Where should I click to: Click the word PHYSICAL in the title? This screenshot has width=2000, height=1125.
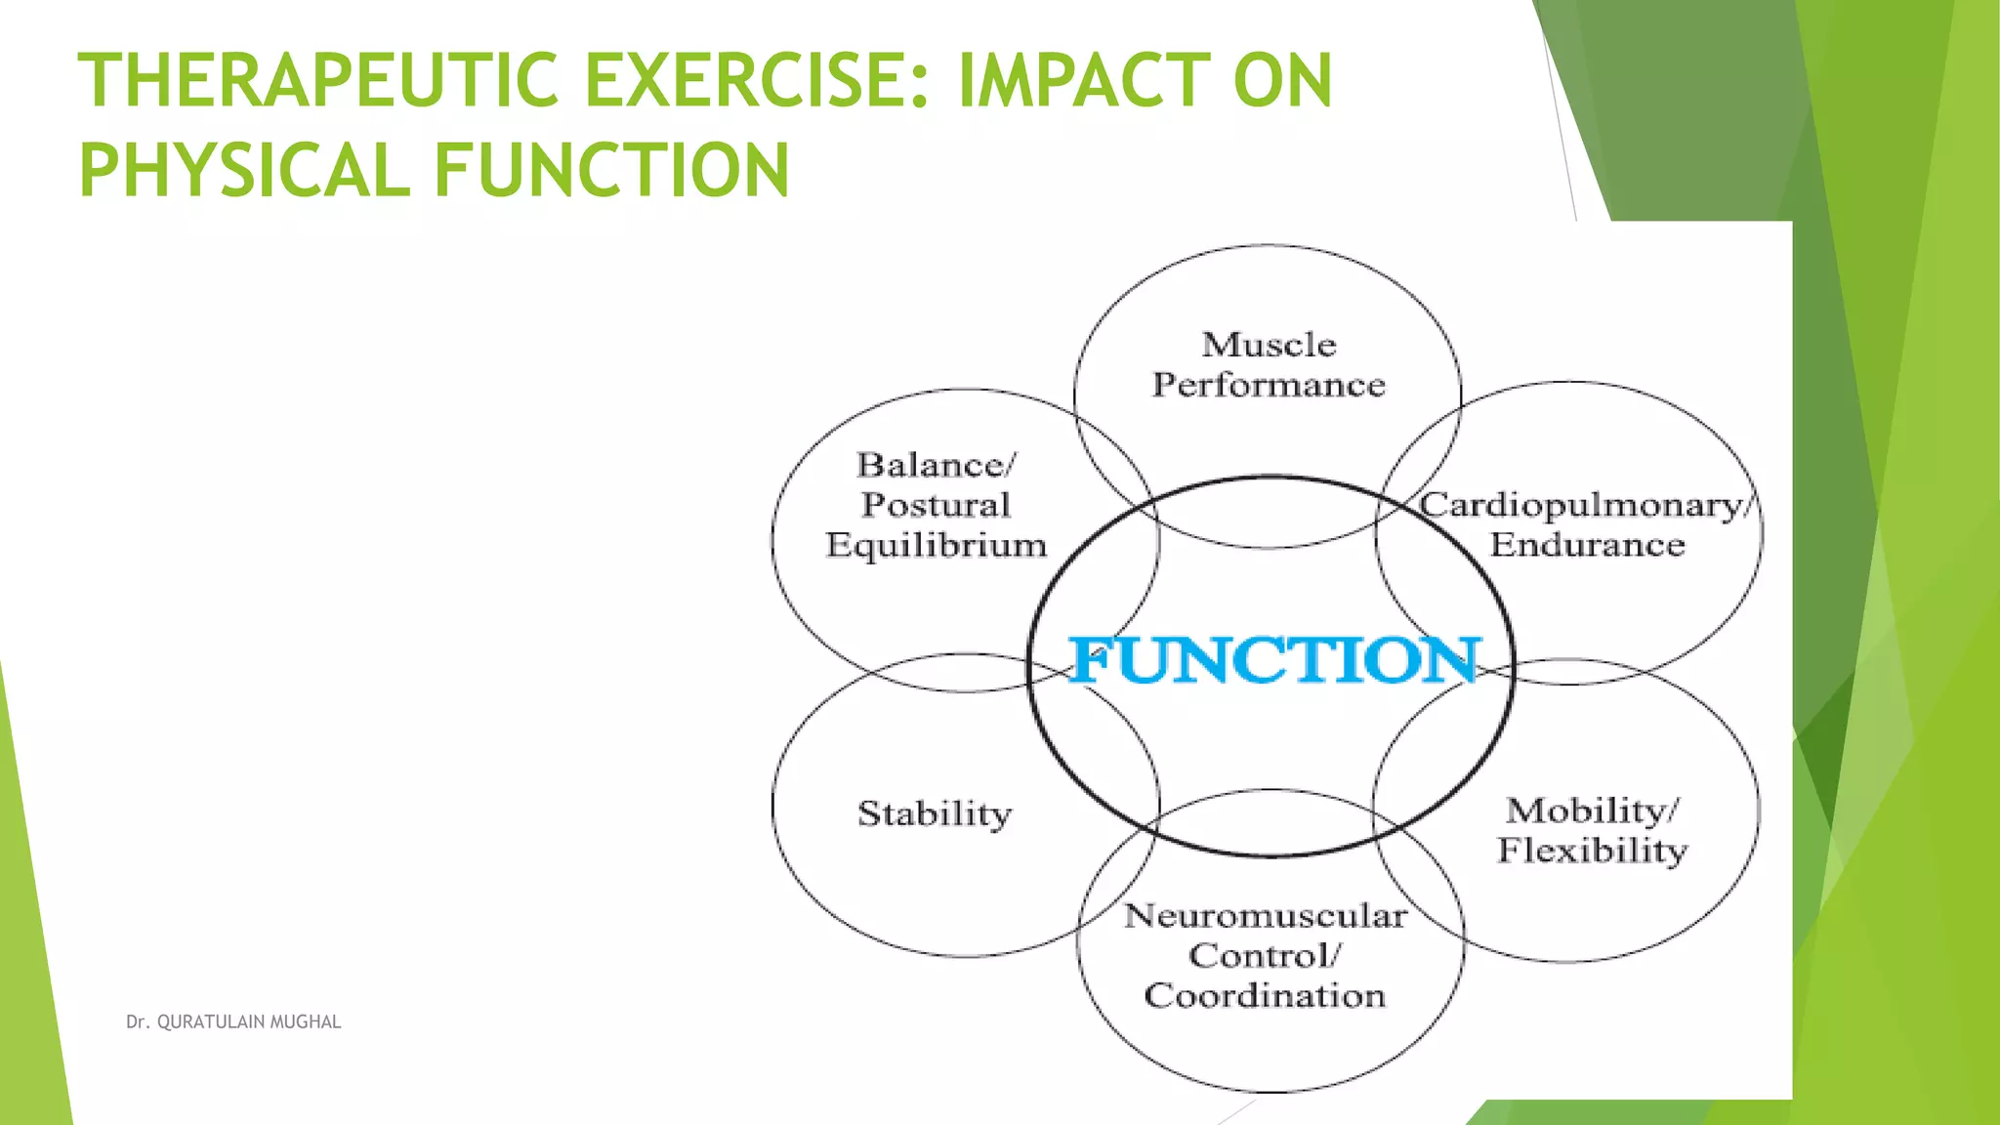[244, 171]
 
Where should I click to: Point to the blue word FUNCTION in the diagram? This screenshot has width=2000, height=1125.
[1274, 661]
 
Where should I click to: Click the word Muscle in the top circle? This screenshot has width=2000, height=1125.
[1269, 345]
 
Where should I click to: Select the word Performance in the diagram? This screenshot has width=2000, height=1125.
[1269, 385]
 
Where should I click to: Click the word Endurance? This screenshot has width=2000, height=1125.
[1587, 545]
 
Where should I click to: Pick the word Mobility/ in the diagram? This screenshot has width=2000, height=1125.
[1593, 811]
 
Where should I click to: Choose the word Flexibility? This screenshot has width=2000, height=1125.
[1593, 851]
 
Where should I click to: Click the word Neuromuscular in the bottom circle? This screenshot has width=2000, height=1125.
[1266, 916]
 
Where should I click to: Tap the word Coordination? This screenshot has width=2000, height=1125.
[1265, 996]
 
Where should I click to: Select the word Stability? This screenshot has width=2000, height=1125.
[935, 813]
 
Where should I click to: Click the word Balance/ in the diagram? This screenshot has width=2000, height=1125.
[937, 465]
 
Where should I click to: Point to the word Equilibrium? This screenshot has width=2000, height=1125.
[936, 545]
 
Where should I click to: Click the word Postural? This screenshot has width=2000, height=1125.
[936, 505]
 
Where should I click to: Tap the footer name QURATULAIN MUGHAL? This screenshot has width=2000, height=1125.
[249, 1022]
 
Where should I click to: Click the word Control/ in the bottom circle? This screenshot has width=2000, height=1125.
[1265, 956]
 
